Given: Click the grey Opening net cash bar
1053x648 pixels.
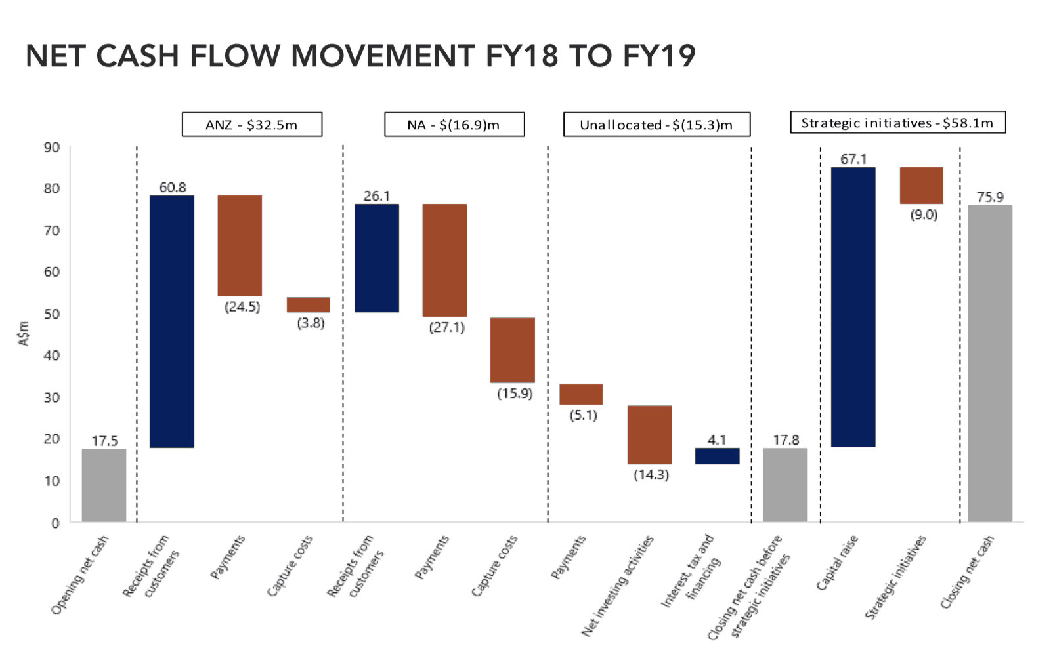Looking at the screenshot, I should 104,485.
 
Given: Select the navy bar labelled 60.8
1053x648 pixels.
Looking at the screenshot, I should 172,321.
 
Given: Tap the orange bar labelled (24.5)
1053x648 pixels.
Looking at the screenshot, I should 240,245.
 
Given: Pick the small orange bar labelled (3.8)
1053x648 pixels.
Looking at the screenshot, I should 309,304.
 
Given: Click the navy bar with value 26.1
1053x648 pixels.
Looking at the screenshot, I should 377,258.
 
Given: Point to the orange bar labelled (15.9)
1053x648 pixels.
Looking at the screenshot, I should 513,350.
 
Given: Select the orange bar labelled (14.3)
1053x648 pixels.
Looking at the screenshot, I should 649,435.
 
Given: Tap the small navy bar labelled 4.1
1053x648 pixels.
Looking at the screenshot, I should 718,456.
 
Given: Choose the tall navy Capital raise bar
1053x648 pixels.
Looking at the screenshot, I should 853,307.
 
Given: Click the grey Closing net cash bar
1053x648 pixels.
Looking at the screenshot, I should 990,363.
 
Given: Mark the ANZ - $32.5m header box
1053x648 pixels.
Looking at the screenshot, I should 252,125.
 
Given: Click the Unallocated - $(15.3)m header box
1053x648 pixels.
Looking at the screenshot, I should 656,125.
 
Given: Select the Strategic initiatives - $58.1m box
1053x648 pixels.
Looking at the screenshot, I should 897,123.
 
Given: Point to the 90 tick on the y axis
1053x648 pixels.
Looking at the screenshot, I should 52,147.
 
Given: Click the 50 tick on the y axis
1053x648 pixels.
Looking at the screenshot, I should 52,314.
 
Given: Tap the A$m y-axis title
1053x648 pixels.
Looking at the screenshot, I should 24,333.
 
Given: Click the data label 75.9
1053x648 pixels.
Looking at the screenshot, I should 990,197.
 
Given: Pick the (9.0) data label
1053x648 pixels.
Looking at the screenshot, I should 924,214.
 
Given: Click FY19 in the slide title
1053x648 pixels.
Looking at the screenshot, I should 659,56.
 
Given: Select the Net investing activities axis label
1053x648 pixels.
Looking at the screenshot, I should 618,586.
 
